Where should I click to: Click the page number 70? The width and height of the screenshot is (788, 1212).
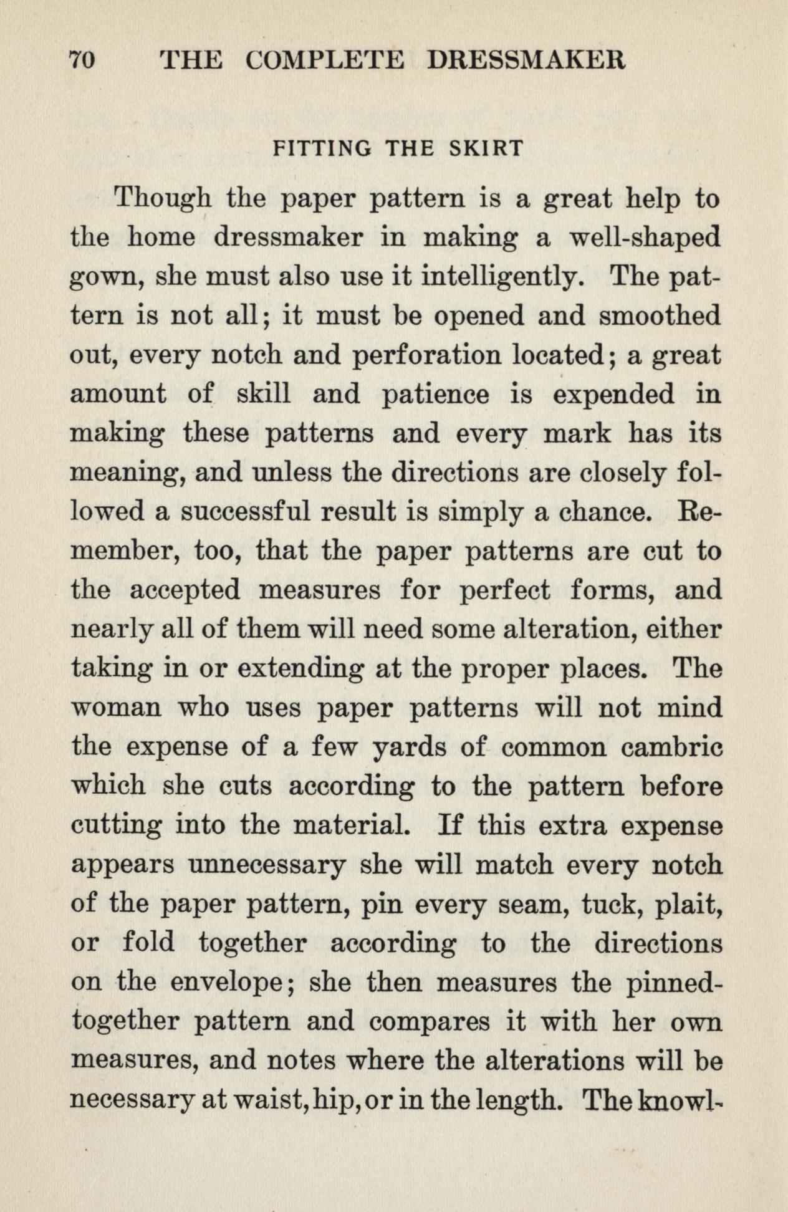(x=81, y=60)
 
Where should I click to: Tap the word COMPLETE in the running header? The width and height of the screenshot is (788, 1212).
(x=324, y=60)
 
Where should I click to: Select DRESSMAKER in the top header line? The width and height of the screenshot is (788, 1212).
(x=526, y=60)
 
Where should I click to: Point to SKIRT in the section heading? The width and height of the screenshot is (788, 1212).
(x=486, y=148)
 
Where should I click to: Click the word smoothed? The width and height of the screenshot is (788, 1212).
(x=660, y=316)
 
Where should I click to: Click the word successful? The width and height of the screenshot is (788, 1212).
(x=246, y=512)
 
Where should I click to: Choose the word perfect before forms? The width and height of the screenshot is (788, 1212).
(x=505, y=590)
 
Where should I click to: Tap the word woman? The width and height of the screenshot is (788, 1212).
(x=117, y=708)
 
